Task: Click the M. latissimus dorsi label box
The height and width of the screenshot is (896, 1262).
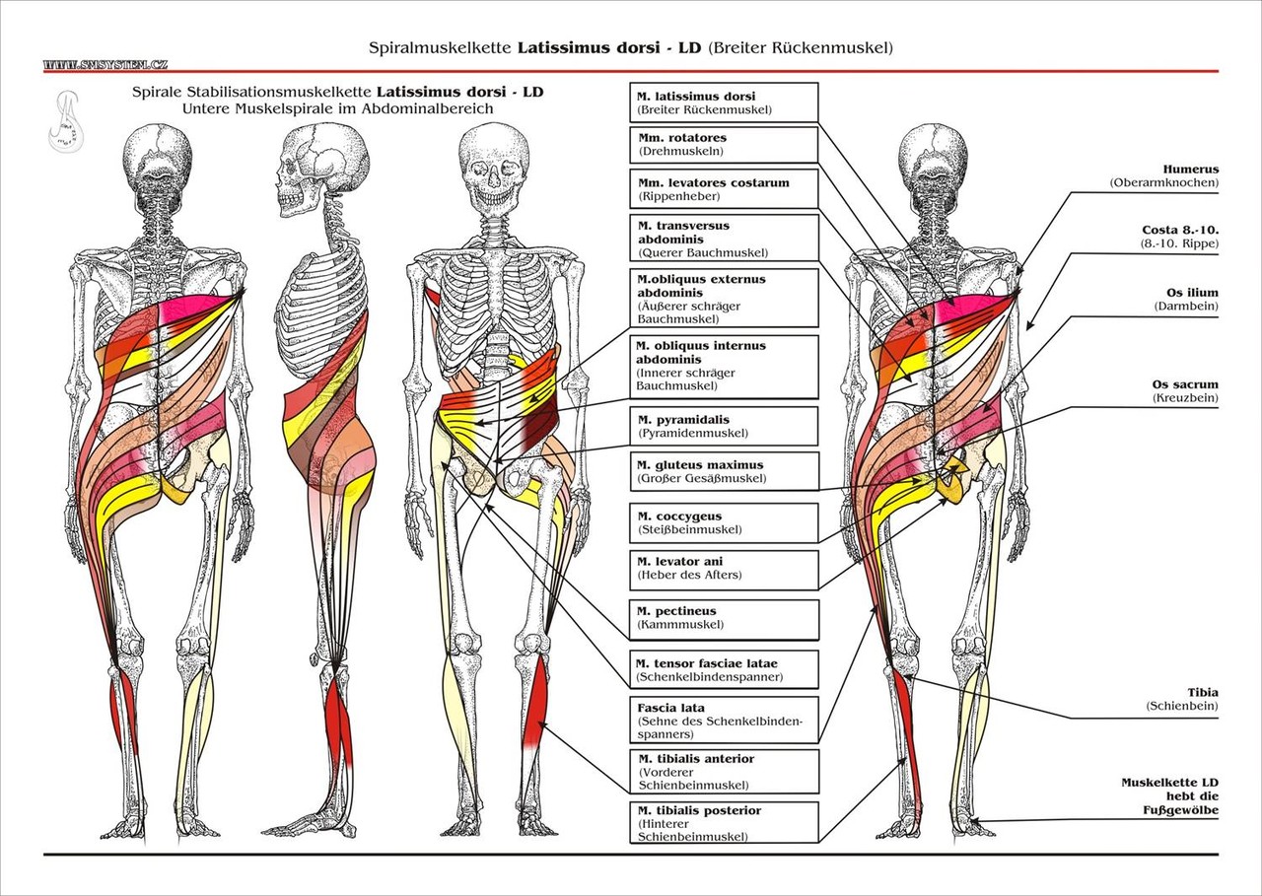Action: point(722,103)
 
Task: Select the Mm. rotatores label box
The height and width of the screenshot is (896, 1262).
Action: point(722,145)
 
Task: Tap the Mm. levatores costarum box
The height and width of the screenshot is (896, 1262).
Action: point(722,189)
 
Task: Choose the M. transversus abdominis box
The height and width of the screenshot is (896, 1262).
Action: point(722,239)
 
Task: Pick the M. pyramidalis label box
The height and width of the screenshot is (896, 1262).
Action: point(722,426)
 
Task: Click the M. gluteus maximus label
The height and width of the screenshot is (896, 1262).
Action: point(722,471)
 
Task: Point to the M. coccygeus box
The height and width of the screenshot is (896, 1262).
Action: point(722,522)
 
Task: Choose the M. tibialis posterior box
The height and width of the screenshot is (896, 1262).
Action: point(722,823)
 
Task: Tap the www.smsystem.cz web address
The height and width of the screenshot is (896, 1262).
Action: point(105,65)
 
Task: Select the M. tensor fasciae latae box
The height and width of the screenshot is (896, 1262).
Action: point(722,669)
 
